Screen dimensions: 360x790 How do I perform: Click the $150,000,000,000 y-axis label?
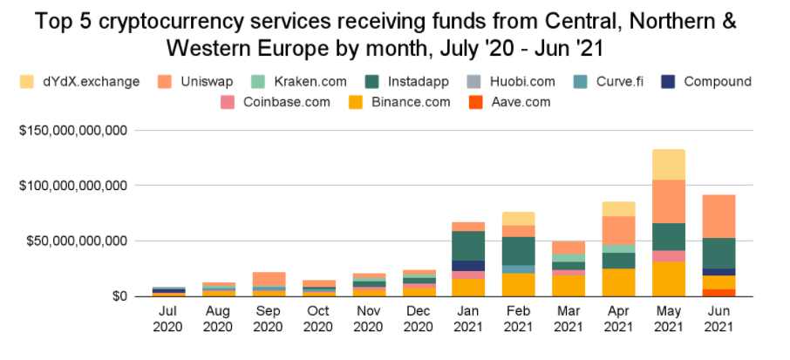click(x=73, y=131)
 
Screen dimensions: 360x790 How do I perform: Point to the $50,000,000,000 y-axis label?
click(x=77, y=241)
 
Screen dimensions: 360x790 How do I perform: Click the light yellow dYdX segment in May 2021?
click(x=669, y=165)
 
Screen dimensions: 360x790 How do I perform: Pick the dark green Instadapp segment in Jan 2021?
click(x=468, y=246)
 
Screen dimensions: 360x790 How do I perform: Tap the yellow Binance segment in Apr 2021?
click(x=618, y=282)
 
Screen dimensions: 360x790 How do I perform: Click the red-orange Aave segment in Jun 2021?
click(x=719, y=293)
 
